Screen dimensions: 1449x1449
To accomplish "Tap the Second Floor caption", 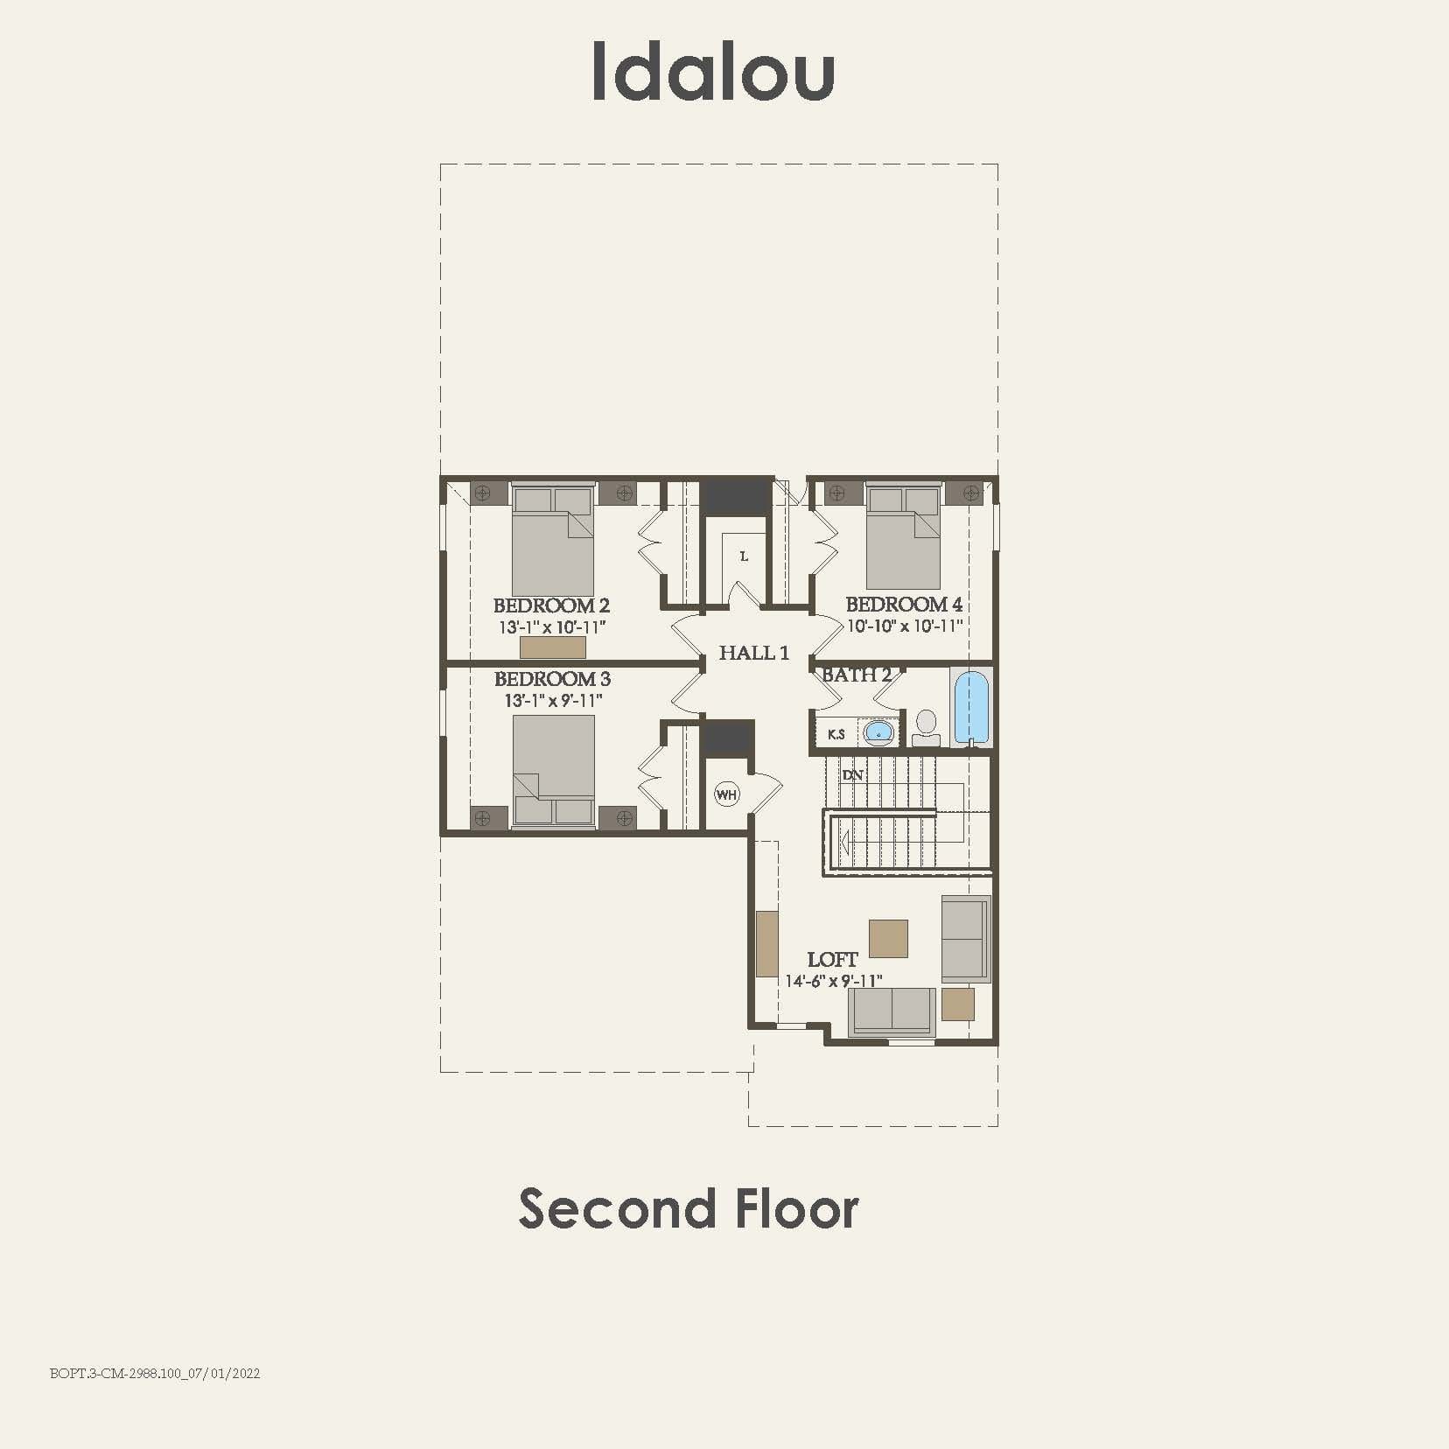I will (689, 1208).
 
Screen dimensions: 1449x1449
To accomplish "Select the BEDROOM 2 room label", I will (551, 605).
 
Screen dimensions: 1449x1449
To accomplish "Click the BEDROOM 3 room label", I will (552, 679).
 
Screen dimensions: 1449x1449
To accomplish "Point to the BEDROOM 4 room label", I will (904, 605).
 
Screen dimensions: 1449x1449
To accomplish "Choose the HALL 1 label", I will (753, 653).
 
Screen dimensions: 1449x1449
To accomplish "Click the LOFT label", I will (832, 960).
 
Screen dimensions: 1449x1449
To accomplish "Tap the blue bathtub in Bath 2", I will (971, 707).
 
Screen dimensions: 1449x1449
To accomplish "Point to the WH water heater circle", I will (726, 794).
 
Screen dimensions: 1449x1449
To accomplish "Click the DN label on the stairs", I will (852, 775).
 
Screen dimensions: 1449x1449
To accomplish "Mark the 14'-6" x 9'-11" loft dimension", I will (833, 982).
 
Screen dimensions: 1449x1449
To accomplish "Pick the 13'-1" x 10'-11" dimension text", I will (552, 627).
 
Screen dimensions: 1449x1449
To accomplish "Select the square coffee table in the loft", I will (888, 938).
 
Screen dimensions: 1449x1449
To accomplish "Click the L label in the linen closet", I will (744, 556).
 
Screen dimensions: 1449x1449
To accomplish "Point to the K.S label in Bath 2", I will (836, 734).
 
